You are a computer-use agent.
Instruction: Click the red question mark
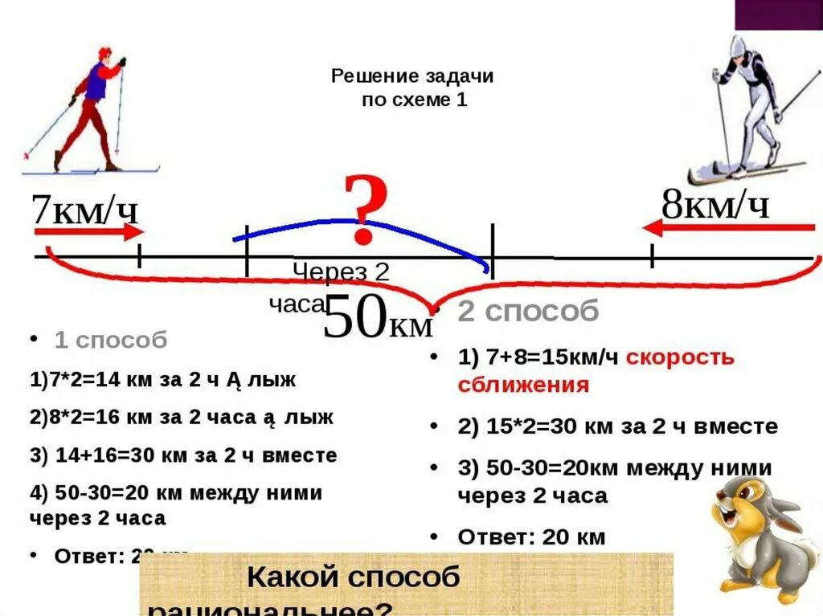click(x=366, y=210)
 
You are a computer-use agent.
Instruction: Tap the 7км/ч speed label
click(x=84, y=210)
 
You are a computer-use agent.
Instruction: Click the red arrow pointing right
click(x=88, y=233)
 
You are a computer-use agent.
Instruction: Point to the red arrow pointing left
click(x=730, y=228)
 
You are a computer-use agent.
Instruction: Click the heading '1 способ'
click(x=111, y=341)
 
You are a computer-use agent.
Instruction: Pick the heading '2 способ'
click(x=528, y=312)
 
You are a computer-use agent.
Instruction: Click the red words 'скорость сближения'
click(x=596, y=371)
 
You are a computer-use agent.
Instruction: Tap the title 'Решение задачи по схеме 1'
click(x=412, y=88)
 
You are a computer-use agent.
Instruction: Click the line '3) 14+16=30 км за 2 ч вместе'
click(x=183, y=456)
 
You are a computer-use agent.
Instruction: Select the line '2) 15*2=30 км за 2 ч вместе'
click(x=617, y=426)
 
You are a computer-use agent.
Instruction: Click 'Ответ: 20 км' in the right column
click(x=530, y=536)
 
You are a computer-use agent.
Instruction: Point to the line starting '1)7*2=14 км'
click(x=163, y=380)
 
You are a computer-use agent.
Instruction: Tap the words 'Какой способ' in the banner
click(x=353, y=577)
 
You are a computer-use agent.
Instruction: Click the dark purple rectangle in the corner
click(x=778, y=14)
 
